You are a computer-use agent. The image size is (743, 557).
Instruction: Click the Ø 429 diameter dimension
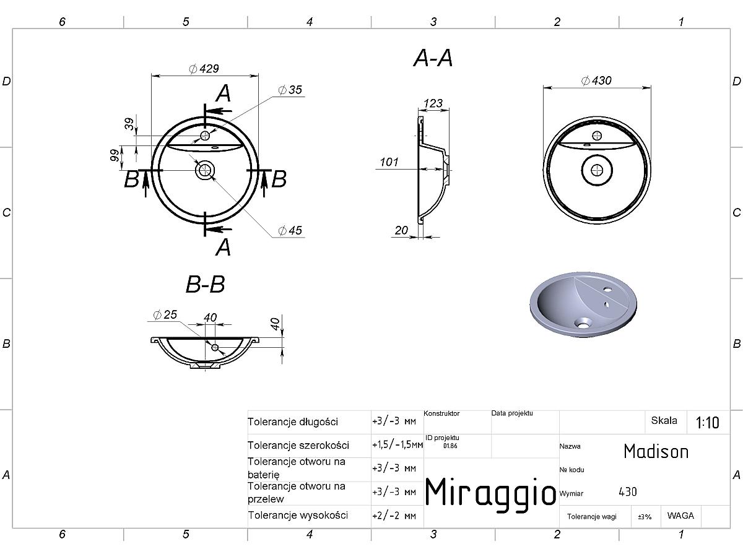204,69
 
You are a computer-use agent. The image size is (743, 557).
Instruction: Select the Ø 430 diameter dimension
596,80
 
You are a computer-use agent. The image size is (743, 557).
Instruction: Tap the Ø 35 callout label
290,90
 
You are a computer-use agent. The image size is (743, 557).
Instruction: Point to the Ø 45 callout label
290,230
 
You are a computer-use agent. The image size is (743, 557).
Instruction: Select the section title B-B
205,284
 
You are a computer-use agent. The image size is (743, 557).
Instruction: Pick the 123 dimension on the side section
433,103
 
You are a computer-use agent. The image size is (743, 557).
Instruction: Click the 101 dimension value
389,162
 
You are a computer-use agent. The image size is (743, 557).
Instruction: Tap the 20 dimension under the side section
401,230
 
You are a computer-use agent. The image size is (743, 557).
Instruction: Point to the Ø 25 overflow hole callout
165,314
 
